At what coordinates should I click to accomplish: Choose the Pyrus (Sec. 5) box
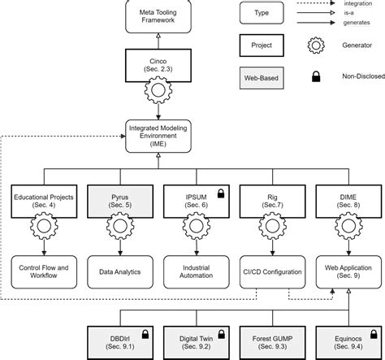tap(118, 201)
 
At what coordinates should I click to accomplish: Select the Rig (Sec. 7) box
tap(268, 201)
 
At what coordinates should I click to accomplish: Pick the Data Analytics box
tap(118, 271)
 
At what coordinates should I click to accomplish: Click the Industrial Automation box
tap(193, 271)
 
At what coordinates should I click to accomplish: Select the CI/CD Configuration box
tap(268, 271)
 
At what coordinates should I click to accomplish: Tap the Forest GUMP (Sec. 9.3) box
tap(268, 340)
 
